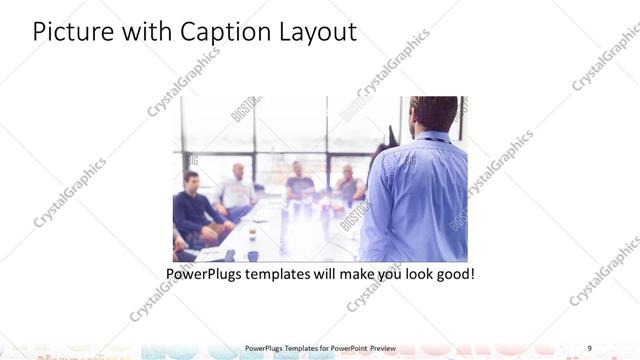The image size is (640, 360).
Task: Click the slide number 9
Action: coord(590,347)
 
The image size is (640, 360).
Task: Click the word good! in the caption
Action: coord(452,273)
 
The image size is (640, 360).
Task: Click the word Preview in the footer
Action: coord(390,347)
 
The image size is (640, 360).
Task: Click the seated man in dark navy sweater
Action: coord(193,210)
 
